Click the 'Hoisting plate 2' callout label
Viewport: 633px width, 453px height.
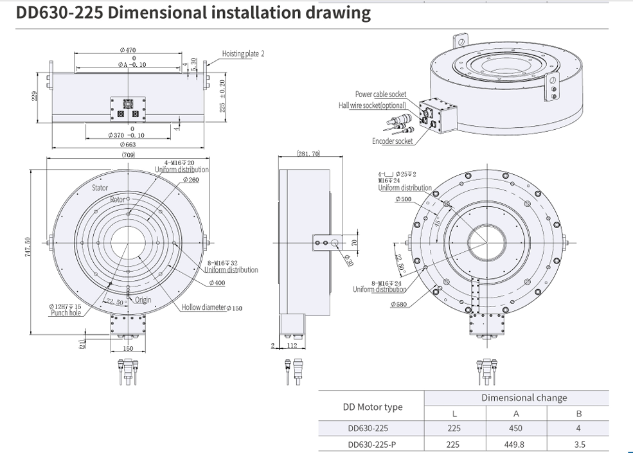tap(243, 54)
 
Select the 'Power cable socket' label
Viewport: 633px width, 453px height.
tap(380, 94)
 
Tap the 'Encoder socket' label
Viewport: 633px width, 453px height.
tap(392, 141)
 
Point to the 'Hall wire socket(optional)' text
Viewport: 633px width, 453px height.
tap(372, 105)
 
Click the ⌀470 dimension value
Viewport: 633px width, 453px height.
tap(127, 50)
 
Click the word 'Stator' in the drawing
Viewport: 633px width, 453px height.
tap(100, 188)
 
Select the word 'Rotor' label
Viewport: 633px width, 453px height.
tap(117, 200)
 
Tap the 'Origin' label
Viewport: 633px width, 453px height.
tap(143, 300)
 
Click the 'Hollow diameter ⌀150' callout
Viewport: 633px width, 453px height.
tap(211, 308)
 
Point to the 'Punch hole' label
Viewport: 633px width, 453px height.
tap(66, 313)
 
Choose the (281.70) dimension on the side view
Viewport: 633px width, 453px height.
tap(308, 154)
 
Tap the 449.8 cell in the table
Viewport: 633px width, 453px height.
tap(515, 443)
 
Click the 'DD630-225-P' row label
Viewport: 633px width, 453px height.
tap(371, 443)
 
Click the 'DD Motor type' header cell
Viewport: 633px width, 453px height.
tap(371, 406)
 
